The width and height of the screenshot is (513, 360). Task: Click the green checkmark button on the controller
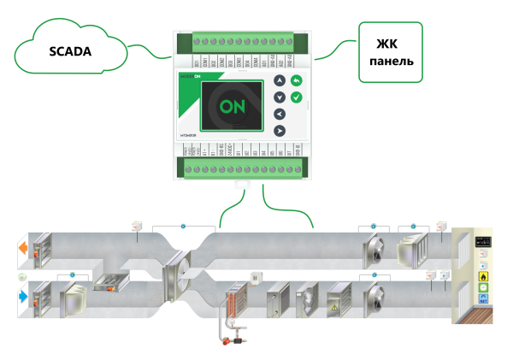296,97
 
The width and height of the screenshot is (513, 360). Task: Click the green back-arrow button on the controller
296,81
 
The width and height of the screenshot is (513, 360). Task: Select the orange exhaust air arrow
23,251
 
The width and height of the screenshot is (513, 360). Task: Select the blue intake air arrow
23,298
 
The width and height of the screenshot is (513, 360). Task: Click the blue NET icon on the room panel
483,301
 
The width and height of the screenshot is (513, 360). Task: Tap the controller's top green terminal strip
240,41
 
